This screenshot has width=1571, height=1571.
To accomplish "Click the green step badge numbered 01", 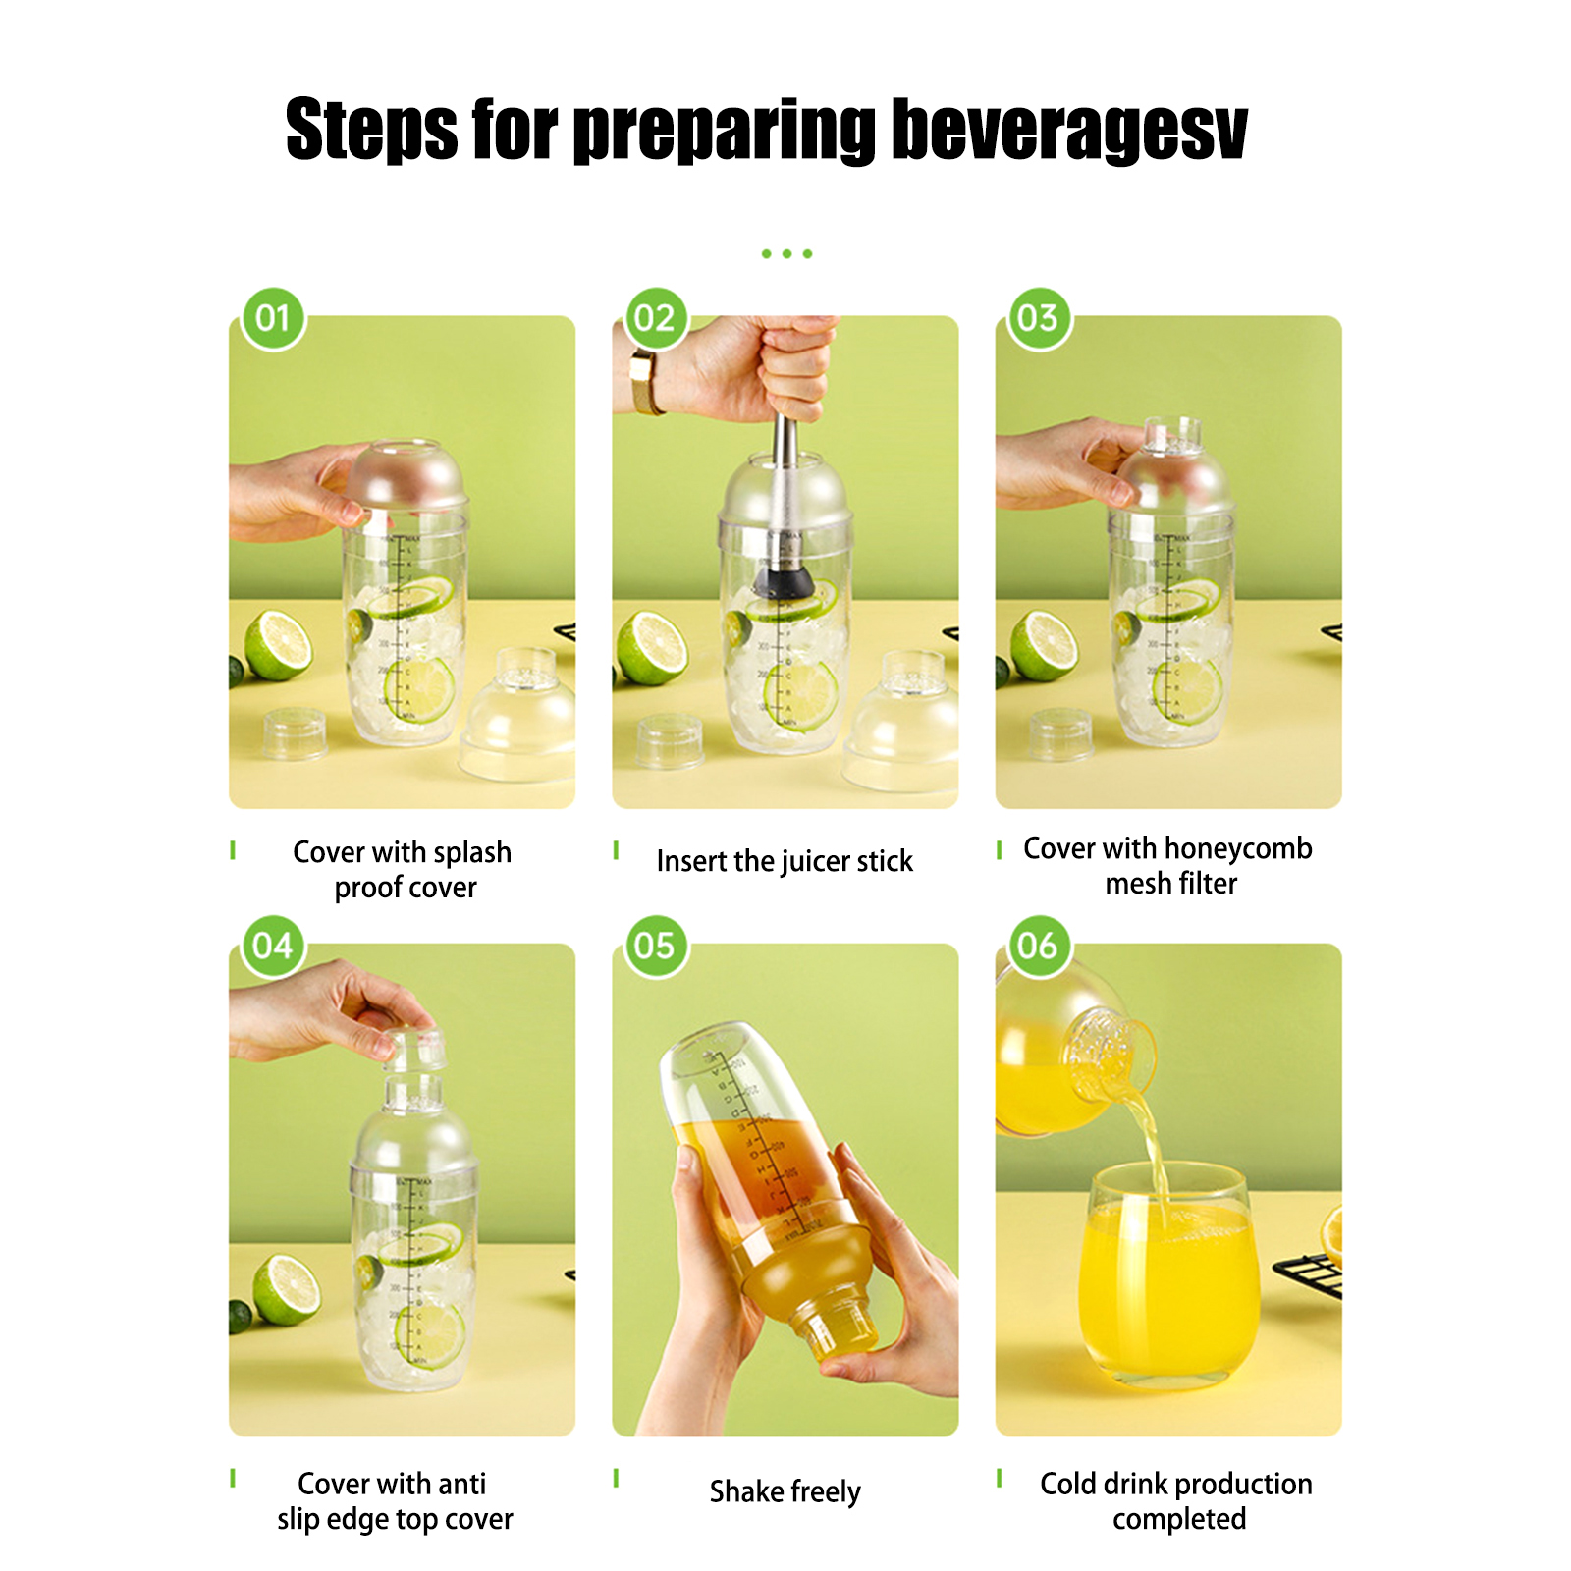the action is point(273,318).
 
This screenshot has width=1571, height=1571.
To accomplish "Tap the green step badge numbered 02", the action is point(656,318).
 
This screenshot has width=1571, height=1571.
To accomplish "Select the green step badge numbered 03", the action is point(1039,318).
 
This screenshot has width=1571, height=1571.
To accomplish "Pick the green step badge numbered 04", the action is point(273,947).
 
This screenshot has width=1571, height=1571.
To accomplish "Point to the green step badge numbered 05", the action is point(656,947).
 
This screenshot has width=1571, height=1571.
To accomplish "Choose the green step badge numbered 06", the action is point(1039,947).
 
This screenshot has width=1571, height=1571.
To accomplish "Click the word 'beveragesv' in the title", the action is point(1069,130).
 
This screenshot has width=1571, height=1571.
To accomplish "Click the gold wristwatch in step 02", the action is point(647,383).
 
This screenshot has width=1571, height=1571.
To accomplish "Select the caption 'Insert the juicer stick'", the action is point(785,861).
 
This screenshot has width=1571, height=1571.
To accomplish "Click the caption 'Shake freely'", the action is point(785,1491).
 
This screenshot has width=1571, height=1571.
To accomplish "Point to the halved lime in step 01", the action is point(278,645).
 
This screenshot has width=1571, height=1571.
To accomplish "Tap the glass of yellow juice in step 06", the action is point(1169,1275).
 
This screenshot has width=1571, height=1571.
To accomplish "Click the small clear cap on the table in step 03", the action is point(1059,734).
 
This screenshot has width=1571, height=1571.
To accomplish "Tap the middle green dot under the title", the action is point(786,254).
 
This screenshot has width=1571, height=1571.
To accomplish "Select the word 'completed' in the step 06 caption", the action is point(1179,1519).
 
